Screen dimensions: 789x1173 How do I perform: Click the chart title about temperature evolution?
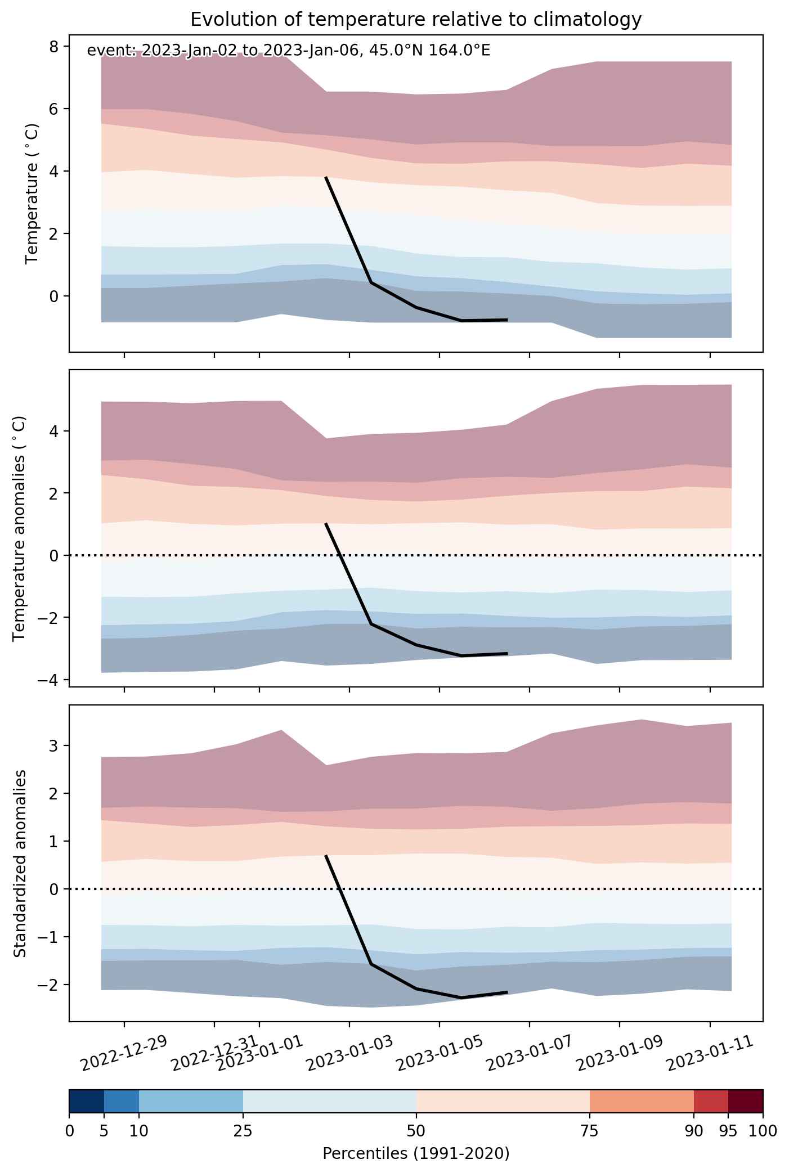(x=416, y=20)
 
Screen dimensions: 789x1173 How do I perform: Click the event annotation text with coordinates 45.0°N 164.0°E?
(x=289, y=51)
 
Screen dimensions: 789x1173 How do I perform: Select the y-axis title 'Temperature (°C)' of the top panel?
(x=33, y=194)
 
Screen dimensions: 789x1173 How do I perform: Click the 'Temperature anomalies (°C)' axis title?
(x=20, y=528)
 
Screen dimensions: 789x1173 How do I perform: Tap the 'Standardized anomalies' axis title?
(x=20, y=863)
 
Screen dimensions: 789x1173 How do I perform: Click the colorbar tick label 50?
(x=416, y=1131)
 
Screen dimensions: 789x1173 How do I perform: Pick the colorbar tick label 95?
(x=728, y=1131)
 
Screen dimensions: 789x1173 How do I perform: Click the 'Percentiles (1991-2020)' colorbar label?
(x=416, y=1154)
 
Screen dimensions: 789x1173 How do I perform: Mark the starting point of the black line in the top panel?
(x=326, y=177)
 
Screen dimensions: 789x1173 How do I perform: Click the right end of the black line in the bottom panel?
(x=508, y=992)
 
